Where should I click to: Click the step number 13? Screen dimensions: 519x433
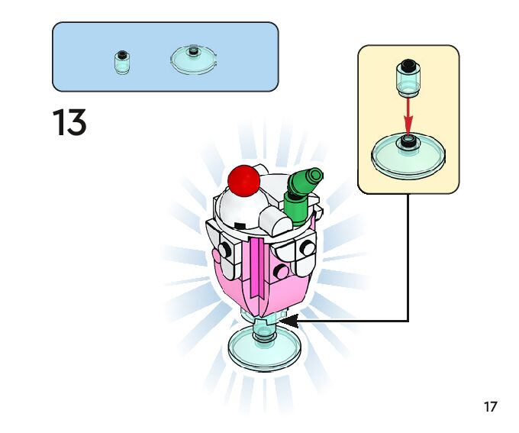click(69, 123)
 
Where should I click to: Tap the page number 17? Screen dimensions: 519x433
click(491, 406)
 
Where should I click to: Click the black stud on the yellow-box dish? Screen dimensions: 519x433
click(409, 141)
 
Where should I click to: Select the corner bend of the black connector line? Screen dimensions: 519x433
click(408, 321)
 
